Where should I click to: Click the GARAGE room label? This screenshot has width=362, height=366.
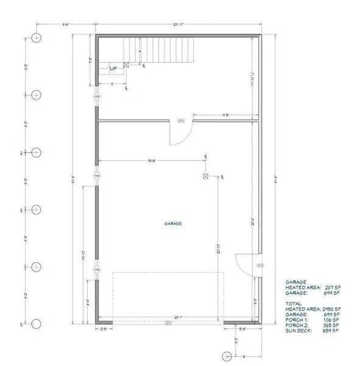[172, 223]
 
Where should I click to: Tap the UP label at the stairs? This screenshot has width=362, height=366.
[113, 68]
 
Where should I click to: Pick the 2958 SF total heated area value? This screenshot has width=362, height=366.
[330, 309]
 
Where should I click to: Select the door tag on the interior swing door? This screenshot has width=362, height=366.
[180, 121]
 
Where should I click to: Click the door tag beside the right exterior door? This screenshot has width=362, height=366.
[260, 266]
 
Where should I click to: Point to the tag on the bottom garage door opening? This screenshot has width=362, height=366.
[169, 323]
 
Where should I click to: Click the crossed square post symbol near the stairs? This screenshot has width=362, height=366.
[126, 65]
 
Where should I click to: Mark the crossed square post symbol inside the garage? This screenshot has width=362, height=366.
[205, 176]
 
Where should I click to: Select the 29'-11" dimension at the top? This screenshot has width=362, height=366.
[178, 24]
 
